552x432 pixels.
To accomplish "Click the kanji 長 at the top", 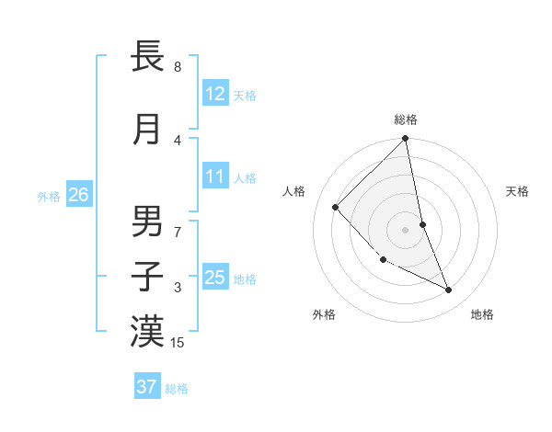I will click(147, 57).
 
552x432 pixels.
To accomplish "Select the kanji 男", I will click(147, 222).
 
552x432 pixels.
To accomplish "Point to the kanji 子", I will click(147, 277).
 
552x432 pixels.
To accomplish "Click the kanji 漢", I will click(147, 332).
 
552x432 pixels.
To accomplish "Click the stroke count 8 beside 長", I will click(177, 67).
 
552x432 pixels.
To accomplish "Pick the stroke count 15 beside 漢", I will click(178, 343).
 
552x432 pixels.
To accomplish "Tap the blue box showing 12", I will click(214, 94).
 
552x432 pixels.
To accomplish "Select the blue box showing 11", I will click(214, 176).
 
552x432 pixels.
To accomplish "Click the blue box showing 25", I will click(214, 278).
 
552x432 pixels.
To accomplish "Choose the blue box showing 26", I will click(78, 195).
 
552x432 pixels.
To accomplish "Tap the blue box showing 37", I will click(146, 387).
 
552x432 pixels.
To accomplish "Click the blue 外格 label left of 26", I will click(49, 196).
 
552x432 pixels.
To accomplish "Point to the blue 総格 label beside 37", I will click(177, 388).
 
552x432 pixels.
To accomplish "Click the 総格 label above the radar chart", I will click(406, 119).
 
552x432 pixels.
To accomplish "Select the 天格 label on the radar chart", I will click(518, 191).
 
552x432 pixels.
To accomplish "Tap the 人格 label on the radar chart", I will click(294, 191).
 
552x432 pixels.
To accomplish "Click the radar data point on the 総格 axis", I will click(406, 140).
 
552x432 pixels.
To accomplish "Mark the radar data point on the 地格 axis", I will click(449, 290).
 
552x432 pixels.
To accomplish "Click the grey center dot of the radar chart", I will click(406, 230).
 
